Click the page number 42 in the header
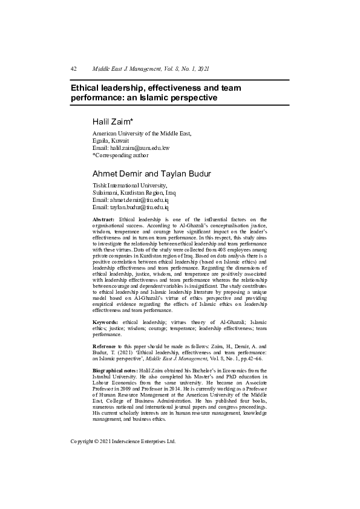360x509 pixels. [73, 69]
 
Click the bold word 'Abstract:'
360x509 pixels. [103, 219]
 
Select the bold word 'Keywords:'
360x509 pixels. [105, 323]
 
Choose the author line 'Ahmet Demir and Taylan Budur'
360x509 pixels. [151, 174]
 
